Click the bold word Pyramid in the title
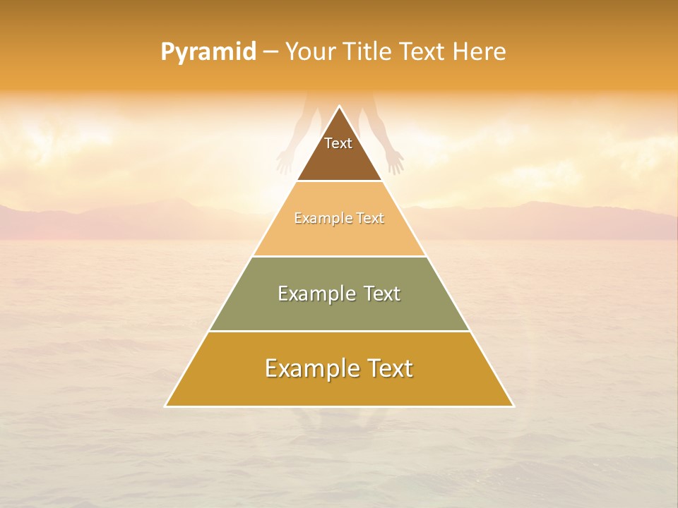(208, 52)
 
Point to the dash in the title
(271, 52)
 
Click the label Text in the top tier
(338, 143)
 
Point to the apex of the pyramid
(339, 107)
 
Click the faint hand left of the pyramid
(284, 162)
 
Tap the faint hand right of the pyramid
(395, 162)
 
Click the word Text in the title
(422, 52)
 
